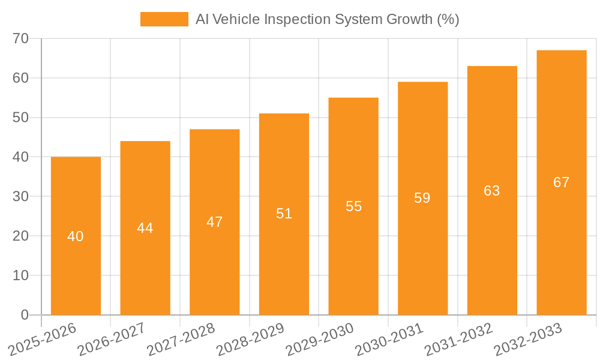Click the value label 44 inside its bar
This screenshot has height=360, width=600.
click(145, 228)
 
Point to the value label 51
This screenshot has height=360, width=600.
click(284, 214)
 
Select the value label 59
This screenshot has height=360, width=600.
click(422, 198)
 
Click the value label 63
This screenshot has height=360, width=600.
click(492, 191)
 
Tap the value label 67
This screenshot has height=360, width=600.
click(562, 182)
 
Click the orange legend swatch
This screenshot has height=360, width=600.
click(164, 19)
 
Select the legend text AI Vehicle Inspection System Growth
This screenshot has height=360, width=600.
click(327, 19)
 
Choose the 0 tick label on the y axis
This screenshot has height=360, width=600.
click(25, 315)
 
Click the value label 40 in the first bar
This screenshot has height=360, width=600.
click(76, 236)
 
